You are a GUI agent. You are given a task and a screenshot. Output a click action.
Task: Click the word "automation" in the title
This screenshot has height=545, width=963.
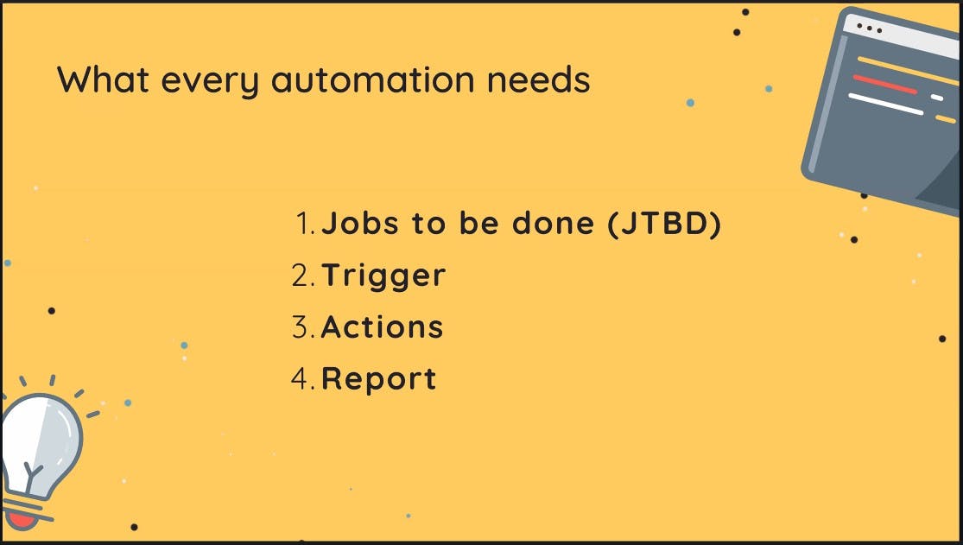tap(373, 79)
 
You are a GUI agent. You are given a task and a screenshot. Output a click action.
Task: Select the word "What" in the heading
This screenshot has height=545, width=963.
tap(103, 79)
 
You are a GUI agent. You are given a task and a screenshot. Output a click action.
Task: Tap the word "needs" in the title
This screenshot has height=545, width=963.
tap(539, 79)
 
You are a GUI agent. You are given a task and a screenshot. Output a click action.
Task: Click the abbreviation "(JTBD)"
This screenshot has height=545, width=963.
tap(664, 223)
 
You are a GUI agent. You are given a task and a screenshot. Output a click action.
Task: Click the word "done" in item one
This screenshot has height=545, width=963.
tap(553, 223)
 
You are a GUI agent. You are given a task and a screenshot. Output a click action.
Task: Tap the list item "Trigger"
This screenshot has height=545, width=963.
tap(383, 276)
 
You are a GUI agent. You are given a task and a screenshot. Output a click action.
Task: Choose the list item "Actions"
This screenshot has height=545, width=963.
tap(382, 326)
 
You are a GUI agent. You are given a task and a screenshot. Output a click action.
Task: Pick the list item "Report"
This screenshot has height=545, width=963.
tap(379, 379)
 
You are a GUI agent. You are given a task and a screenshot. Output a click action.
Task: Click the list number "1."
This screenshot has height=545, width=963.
tap(305, 223)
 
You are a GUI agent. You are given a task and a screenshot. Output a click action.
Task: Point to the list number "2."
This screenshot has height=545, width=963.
tap(303, 276)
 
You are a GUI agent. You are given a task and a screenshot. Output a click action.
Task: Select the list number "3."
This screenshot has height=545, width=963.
tap(303, 326)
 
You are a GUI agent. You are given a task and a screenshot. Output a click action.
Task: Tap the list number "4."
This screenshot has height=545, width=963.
tap(303, 378)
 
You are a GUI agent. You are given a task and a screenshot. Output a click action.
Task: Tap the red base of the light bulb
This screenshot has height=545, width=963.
tap(22, 521)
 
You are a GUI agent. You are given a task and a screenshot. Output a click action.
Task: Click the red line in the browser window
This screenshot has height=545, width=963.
tap(885, 84)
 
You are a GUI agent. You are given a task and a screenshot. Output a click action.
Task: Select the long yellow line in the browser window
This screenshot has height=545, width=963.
tap(908, 71)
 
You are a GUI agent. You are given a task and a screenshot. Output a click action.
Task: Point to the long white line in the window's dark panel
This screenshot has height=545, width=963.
tap(886, 104)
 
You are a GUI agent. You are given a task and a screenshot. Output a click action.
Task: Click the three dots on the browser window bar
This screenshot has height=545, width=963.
tap(869, 29)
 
